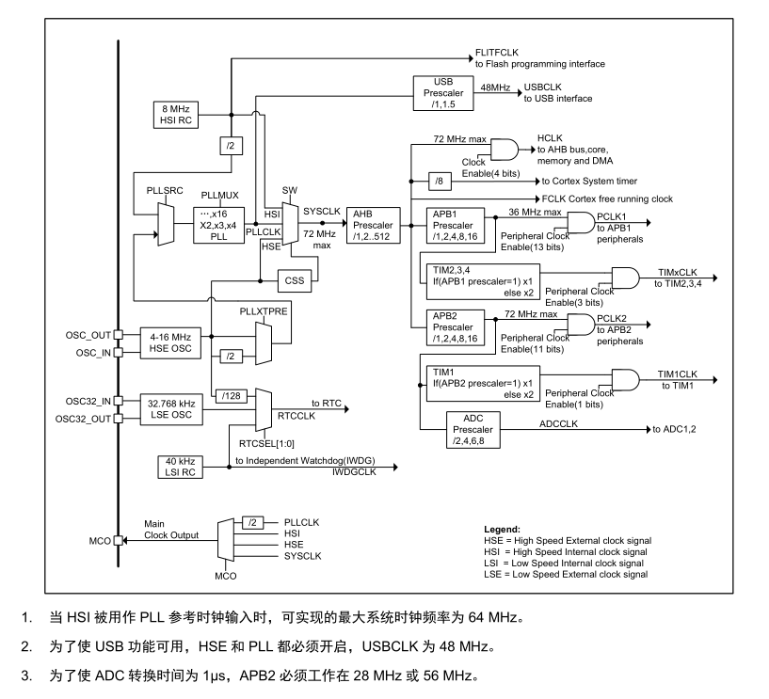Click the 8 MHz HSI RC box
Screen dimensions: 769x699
(176, 115)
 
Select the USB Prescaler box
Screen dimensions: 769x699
(443, 93)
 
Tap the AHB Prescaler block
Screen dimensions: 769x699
(374, 226)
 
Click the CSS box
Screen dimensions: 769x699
(295, 281)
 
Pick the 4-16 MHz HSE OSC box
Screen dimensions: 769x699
(170, 343)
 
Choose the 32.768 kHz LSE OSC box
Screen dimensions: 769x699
(171, 409)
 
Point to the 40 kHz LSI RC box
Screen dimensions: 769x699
(180, 468)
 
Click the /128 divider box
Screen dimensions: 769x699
(231, 396)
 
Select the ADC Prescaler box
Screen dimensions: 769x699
(473, 430)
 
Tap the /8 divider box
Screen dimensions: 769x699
(440, 182)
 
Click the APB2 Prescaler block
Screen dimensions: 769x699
(456, 327)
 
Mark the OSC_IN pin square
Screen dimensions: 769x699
(119, 353)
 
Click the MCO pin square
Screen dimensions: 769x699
(119, 541)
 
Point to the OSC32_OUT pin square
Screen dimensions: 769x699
(119, 419)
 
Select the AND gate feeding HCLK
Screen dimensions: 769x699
(505, 150)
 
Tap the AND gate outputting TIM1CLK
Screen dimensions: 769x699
(625, 380)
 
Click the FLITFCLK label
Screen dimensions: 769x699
(497, 53)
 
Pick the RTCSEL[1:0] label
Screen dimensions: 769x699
(266, 444)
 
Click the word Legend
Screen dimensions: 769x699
(503, 530)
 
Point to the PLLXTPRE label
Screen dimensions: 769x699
(264, 311)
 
